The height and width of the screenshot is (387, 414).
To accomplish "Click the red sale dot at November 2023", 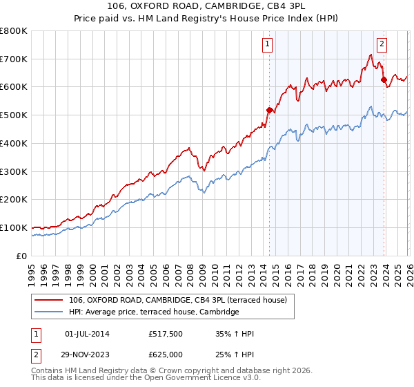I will tap(384, 79).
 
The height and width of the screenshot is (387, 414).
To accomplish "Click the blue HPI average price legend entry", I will tap(153, 312).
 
